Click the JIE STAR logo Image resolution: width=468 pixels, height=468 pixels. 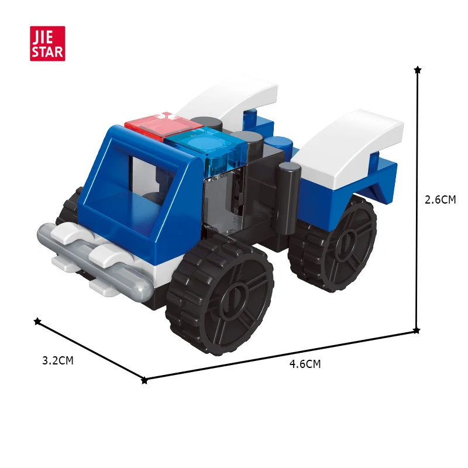pos(47,43)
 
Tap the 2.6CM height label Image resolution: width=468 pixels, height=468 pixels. pos(440,199)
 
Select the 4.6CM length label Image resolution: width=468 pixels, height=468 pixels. pos(305,364)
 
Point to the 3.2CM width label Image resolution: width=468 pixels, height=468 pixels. pos(58,360)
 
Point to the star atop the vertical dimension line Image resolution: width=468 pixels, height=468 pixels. pos(417,70)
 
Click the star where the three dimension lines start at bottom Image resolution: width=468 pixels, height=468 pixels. pos(144,380)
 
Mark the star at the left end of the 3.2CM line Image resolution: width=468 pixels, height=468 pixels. pos(37,321)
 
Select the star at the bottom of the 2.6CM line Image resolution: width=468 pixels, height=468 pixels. pos(417,331)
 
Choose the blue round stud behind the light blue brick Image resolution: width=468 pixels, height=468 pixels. pos(278,144)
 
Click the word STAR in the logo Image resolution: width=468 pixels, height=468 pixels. pos(47,51)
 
